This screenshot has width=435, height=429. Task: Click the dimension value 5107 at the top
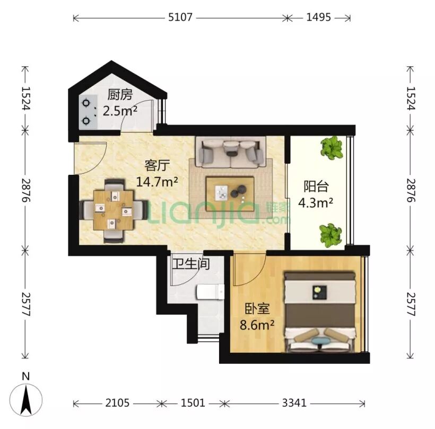tap(180, 17)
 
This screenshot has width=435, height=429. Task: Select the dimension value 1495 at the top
tap(318, 17)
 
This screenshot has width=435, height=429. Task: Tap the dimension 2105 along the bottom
tap(117, 403)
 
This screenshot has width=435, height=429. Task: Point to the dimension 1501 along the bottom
tap(193, 403)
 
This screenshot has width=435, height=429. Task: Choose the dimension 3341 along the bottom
tap(294, 403)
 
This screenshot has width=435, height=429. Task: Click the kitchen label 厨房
tap(120, 95)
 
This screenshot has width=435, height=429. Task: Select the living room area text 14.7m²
tap(157, 182)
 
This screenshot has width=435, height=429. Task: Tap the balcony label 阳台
tap(316, 186)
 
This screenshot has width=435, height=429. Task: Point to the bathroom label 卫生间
tap(191, 264)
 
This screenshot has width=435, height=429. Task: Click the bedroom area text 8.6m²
tap(257, 325)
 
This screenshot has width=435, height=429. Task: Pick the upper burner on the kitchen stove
tap(86, 103)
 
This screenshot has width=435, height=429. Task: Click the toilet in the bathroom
tap(210, 292)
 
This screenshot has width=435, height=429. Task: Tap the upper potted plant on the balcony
tap(331, 148)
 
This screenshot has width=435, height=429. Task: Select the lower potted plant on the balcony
tap(330, 236)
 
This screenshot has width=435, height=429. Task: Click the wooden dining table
tap(114, 210)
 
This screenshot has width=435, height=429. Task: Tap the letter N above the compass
tap(25, 377)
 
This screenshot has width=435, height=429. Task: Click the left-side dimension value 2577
tap(26, 304)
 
